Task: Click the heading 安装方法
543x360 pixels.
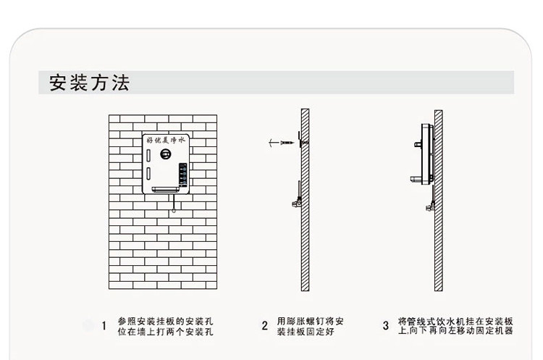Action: [x=89, y=83]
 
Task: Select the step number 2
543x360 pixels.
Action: [x=265, y=325]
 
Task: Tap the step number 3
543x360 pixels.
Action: [x=385, y=325]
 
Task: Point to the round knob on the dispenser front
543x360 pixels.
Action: [x=166, y=155]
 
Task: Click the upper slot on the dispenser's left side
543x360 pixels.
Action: [x=148, y=154]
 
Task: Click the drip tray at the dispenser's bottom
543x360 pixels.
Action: [x=166, y=191]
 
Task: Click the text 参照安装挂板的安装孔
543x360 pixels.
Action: [x=165, y=320]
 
